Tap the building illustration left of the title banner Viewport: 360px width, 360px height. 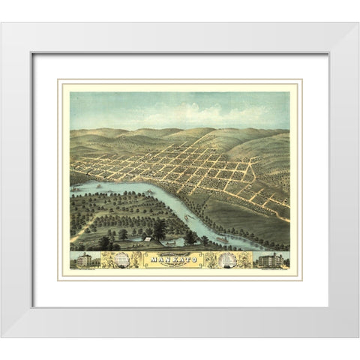(83, 260)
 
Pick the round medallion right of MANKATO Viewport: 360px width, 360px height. (230, 259)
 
